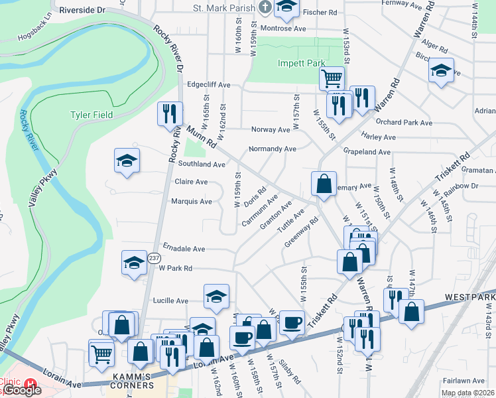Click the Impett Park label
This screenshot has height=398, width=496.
(300, 64)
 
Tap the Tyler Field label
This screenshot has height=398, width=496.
(92, 115)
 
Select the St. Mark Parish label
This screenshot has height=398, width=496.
(225, 8)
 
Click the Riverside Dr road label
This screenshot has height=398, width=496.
(82, 11)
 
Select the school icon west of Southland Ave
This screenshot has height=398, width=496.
(127, 161)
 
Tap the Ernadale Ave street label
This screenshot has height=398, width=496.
(184, 249)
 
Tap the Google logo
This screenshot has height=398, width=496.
(21, 390)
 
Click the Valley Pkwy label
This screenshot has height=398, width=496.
(47, 188)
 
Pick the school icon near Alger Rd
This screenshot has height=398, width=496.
(441, 71)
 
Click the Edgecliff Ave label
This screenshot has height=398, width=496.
(208, 85)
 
